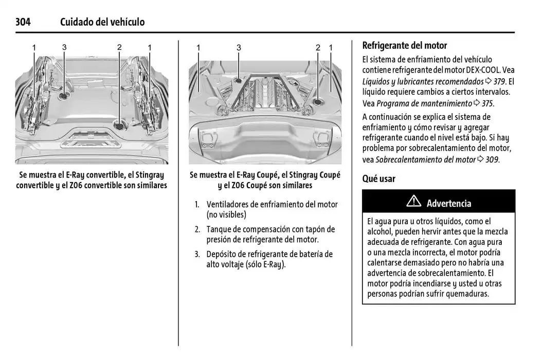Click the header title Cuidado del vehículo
(102, 22)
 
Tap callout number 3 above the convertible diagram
(64, 47)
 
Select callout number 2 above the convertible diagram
(119, 47)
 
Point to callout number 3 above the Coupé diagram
(239, 47)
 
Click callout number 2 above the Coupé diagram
(318, 47)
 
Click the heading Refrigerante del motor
(405, 45)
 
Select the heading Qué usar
(379, 179)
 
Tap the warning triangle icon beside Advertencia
(413, 202)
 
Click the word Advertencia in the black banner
(449, 203)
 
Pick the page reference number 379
(499, 81)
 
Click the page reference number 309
(492, 159)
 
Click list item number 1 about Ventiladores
(196, 205)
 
